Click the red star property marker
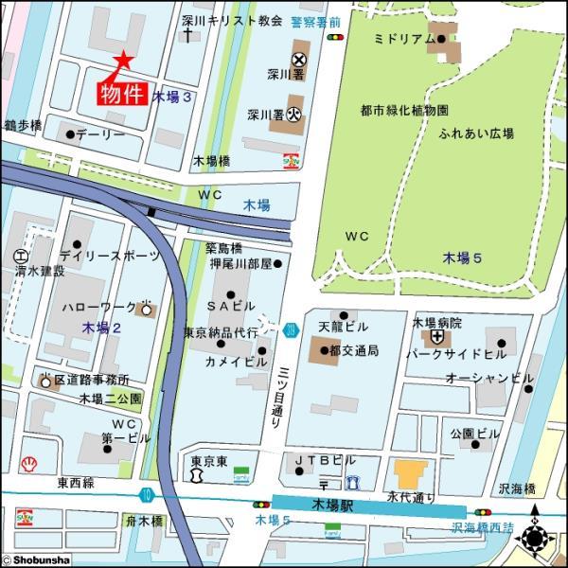[122, 60]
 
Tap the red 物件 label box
[122, 93]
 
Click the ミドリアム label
[403, 39]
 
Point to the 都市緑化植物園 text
[404, 111]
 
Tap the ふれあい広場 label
[476, 133]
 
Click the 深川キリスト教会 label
[230, 19]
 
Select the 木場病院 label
[436, 323]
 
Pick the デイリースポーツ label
[104, 256]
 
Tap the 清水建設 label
[40, 271]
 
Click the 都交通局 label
[354, 350]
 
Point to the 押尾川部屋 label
[240, 263]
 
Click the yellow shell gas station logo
[29, 465]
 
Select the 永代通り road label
[411, 495]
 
